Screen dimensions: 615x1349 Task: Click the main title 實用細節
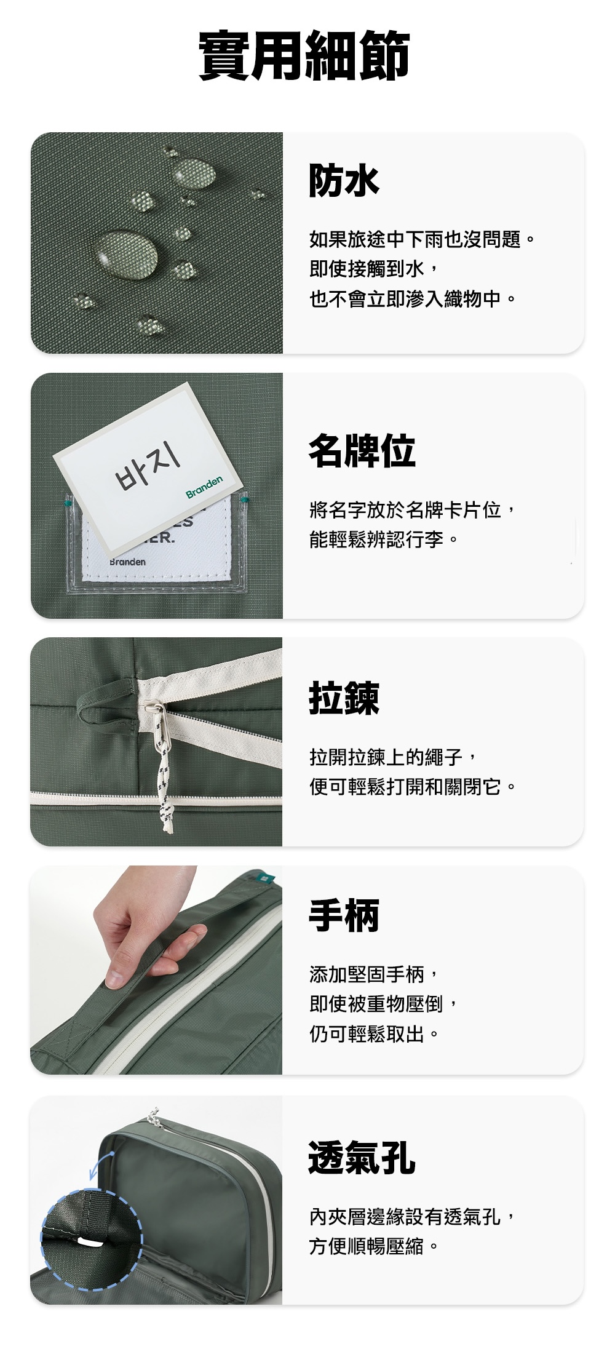click(x=305, y=55)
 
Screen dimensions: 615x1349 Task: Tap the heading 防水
click(x=344, y=180)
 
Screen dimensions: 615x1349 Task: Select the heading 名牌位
click(x=362, y=450)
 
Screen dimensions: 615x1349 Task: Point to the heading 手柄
click(x=344, y=915)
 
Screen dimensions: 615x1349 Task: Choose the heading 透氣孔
click(x=362, y=1157)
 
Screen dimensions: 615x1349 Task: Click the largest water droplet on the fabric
click(x=127, y=252)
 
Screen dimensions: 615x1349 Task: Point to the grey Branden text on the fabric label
click(x=128, y=562)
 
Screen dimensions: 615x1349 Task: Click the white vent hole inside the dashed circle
click(x=90, y=1241)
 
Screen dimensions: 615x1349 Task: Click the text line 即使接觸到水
click(x=374, y=269)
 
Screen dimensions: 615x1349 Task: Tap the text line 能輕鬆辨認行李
click(x=384, y=540)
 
